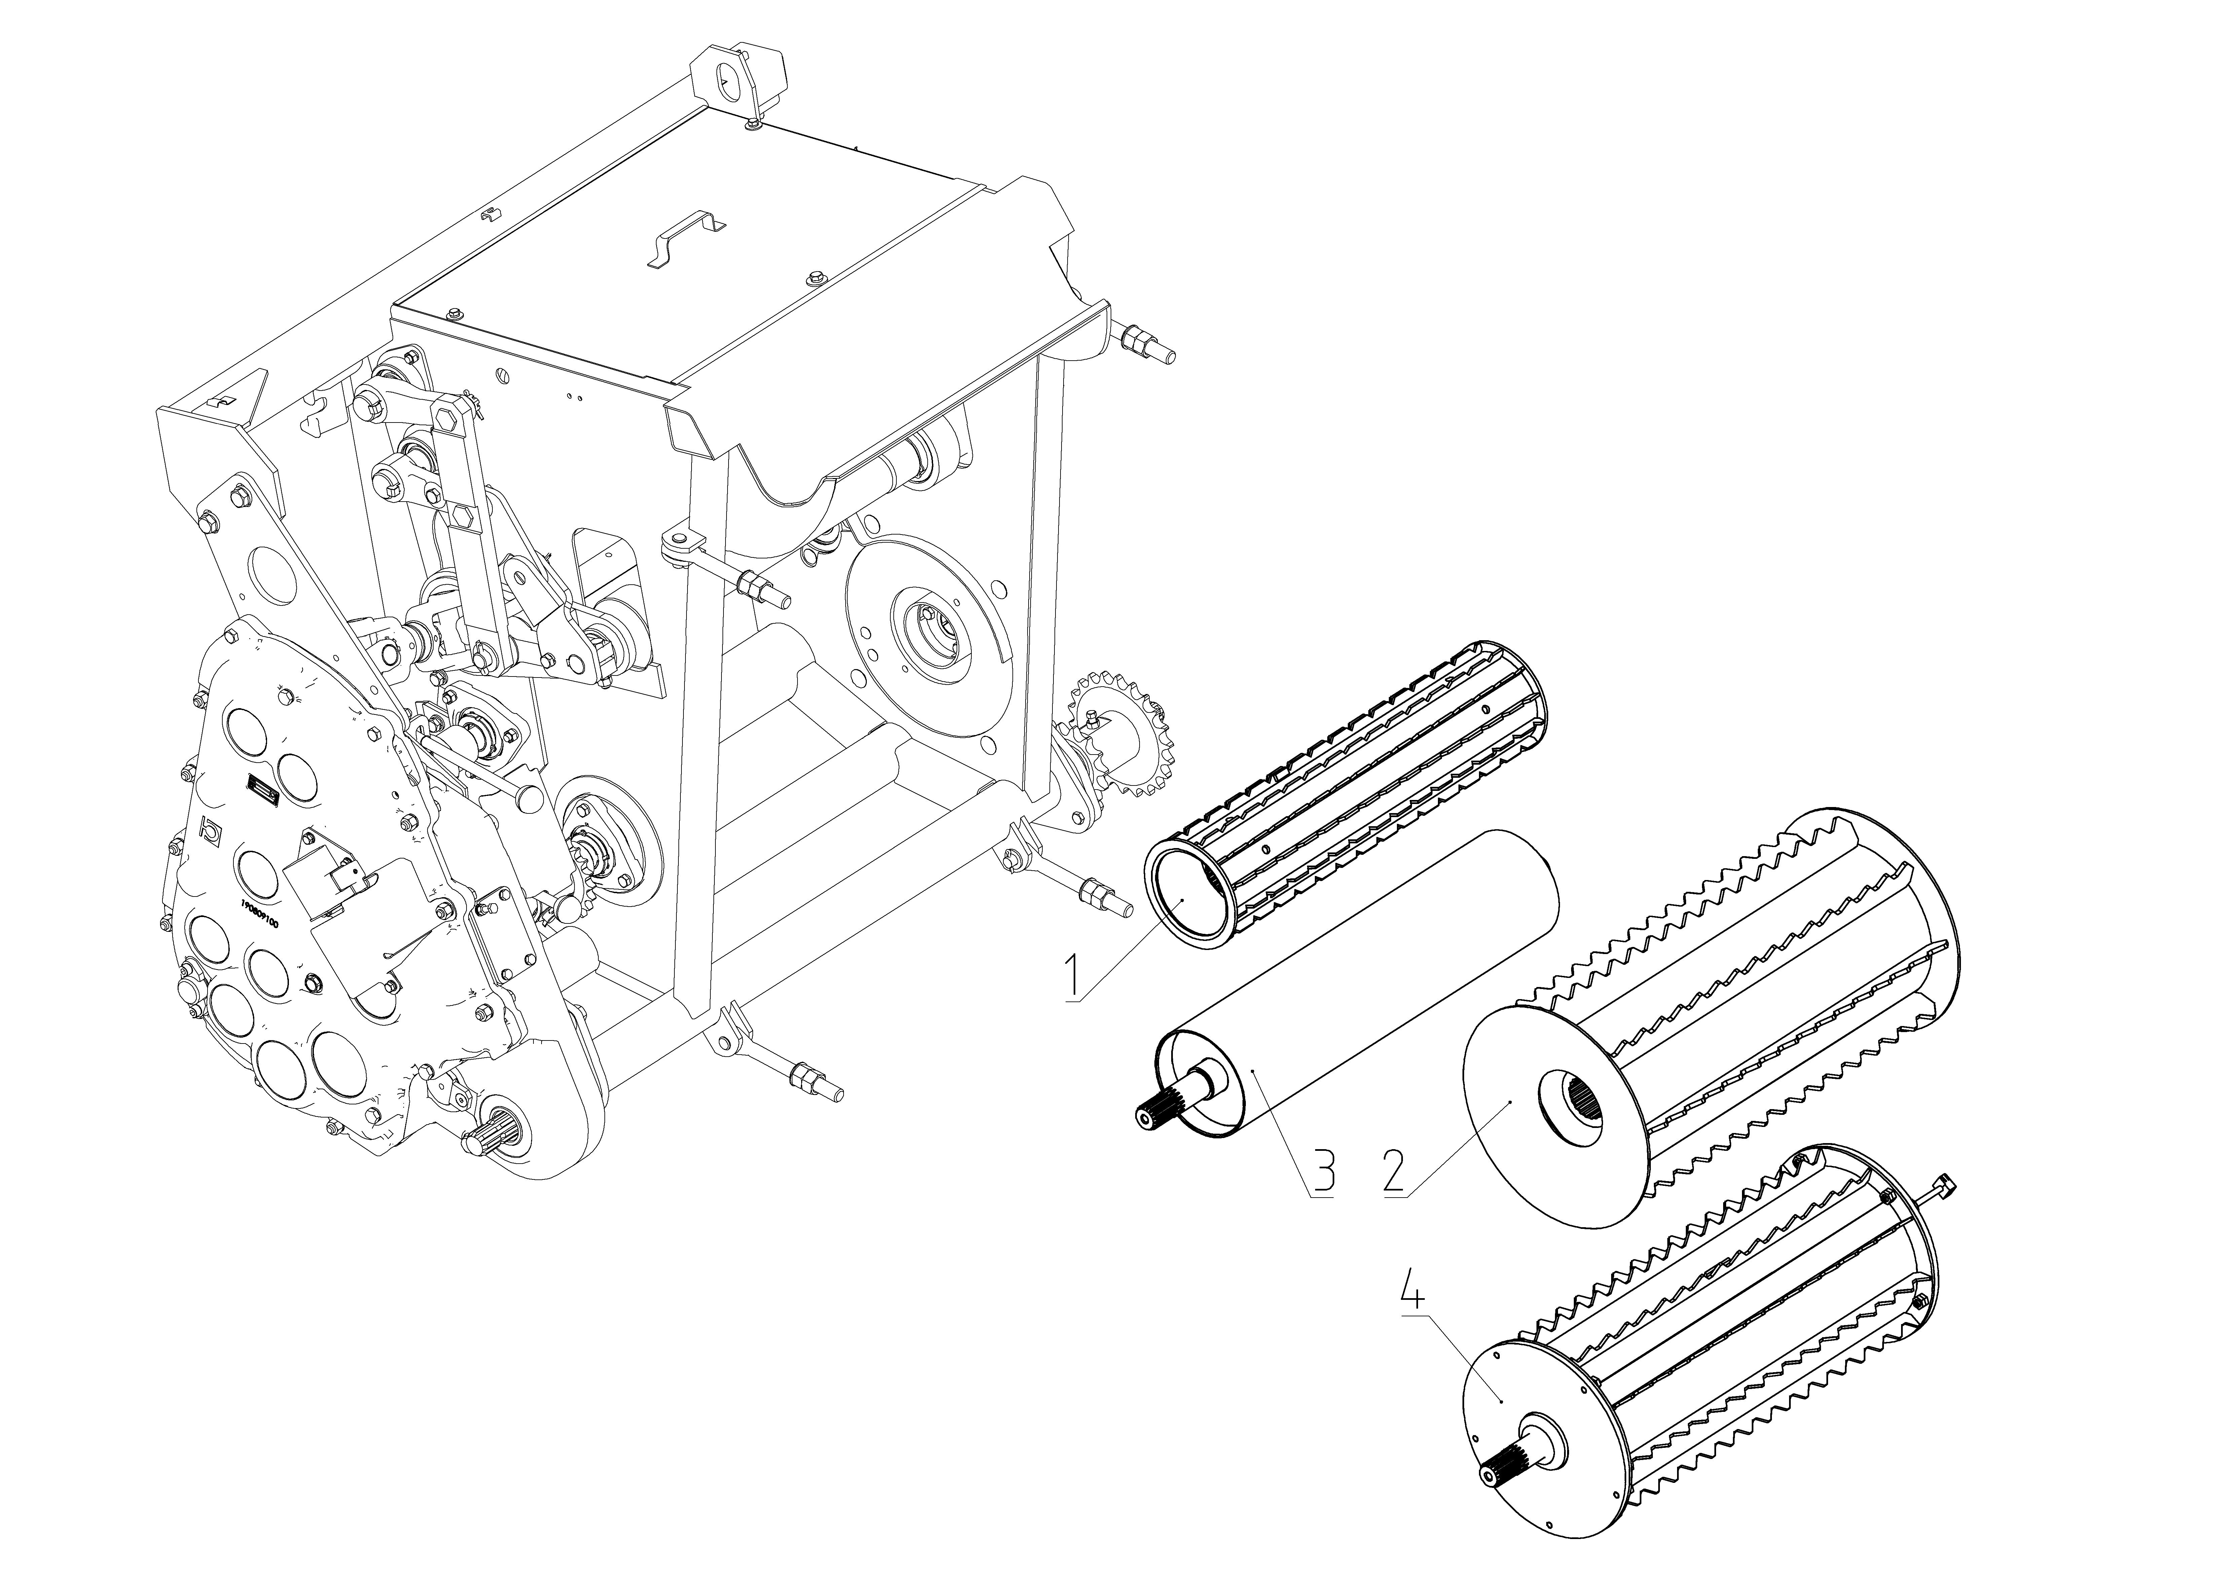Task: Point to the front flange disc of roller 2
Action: click(1514, 1116)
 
